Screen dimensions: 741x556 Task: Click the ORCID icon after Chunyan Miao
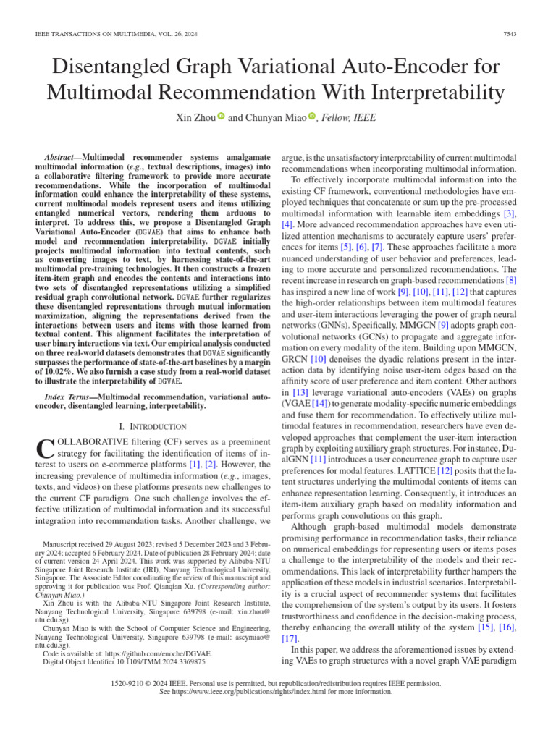tap(312, 117)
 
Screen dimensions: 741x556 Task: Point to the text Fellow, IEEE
tap(349, 117)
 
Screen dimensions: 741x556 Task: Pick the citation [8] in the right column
tap(511, 279)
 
